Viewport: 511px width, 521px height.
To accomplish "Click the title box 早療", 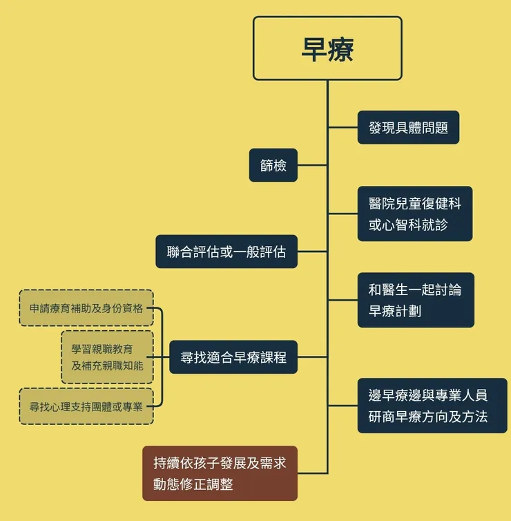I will (x=327, y=48).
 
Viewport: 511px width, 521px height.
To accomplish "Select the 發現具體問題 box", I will (x=408, y=127).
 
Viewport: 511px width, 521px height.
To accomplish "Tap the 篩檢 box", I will (x=273, y=165).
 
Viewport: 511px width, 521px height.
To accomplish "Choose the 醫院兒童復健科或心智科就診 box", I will (x=414, y=214).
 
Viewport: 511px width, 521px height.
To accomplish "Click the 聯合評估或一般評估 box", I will (x=226, y=252).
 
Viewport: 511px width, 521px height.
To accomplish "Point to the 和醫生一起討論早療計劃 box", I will (x=416, y=300).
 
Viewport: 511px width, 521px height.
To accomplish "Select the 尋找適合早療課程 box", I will (x=233, y=357).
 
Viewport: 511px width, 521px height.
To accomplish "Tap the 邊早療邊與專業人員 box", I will (x=432, y=406).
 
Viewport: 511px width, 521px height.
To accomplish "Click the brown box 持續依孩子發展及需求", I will (x=220, y=473).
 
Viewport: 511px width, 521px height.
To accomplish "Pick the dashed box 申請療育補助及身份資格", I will (x=86, y=308).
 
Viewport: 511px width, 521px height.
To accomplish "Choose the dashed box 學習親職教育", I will (x=107, y=357).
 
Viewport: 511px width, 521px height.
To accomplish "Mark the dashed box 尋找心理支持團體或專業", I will (x=86, y=406).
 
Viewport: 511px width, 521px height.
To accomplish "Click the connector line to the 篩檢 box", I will (x=312, y=165).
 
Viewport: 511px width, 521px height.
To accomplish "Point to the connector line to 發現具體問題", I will (x=343, y=127).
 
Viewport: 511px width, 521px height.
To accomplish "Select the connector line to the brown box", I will (x=312, y=473).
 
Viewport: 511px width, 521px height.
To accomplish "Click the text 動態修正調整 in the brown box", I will (x=193, y=484).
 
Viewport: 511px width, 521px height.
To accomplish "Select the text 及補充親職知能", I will (x=107, y=365).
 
